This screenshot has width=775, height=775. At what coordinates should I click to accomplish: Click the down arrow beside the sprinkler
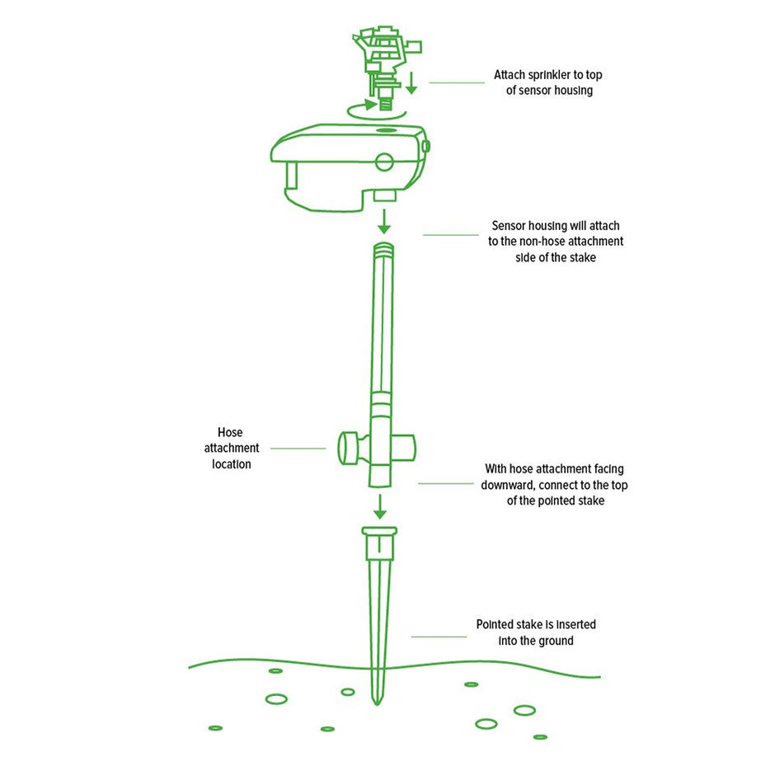tap(411, 82)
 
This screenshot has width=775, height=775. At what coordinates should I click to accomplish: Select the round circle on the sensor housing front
tap(384, 162)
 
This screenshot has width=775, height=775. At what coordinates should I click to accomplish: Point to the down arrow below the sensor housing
tap(384, 222)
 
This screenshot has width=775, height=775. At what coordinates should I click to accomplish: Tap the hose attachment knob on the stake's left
tap(352, 448)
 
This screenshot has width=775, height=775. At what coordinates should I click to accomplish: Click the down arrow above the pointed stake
tap(379, 506)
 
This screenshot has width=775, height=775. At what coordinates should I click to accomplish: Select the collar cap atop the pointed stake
tap(379, 542)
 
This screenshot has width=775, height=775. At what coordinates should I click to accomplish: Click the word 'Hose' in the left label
tap(230, 433)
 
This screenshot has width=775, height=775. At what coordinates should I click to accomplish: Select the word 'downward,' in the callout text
tap(508, 485)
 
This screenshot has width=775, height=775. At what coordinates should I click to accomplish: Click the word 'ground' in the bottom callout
tap(555, 641)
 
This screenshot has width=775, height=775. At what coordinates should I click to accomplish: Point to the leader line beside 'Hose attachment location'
tap(298, 449)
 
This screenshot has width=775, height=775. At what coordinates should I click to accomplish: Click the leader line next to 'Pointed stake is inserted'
tap(439, 636)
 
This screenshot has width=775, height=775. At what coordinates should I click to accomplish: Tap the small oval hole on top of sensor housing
tap(387, 130)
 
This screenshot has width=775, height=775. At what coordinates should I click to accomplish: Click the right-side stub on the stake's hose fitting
tap(404, 448)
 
